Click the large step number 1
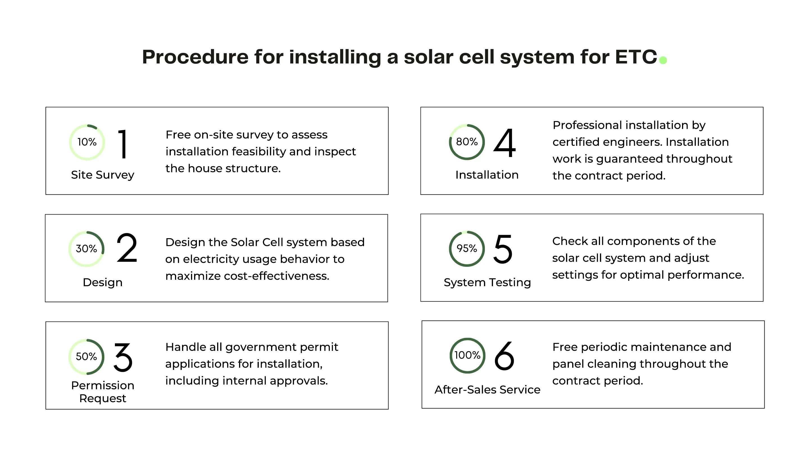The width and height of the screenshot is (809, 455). (123, 144)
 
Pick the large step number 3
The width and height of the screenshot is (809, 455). (123, 357)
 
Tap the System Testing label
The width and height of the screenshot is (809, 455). (487, 282)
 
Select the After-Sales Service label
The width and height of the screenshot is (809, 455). (487, 389)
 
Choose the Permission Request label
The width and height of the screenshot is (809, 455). (103, 392)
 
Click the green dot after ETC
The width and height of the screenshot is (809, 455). (663, 60)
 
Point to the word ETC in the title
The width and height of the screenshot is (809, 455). (636, 57)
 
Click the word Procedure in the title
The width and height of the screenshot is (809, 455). (195, 57)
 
